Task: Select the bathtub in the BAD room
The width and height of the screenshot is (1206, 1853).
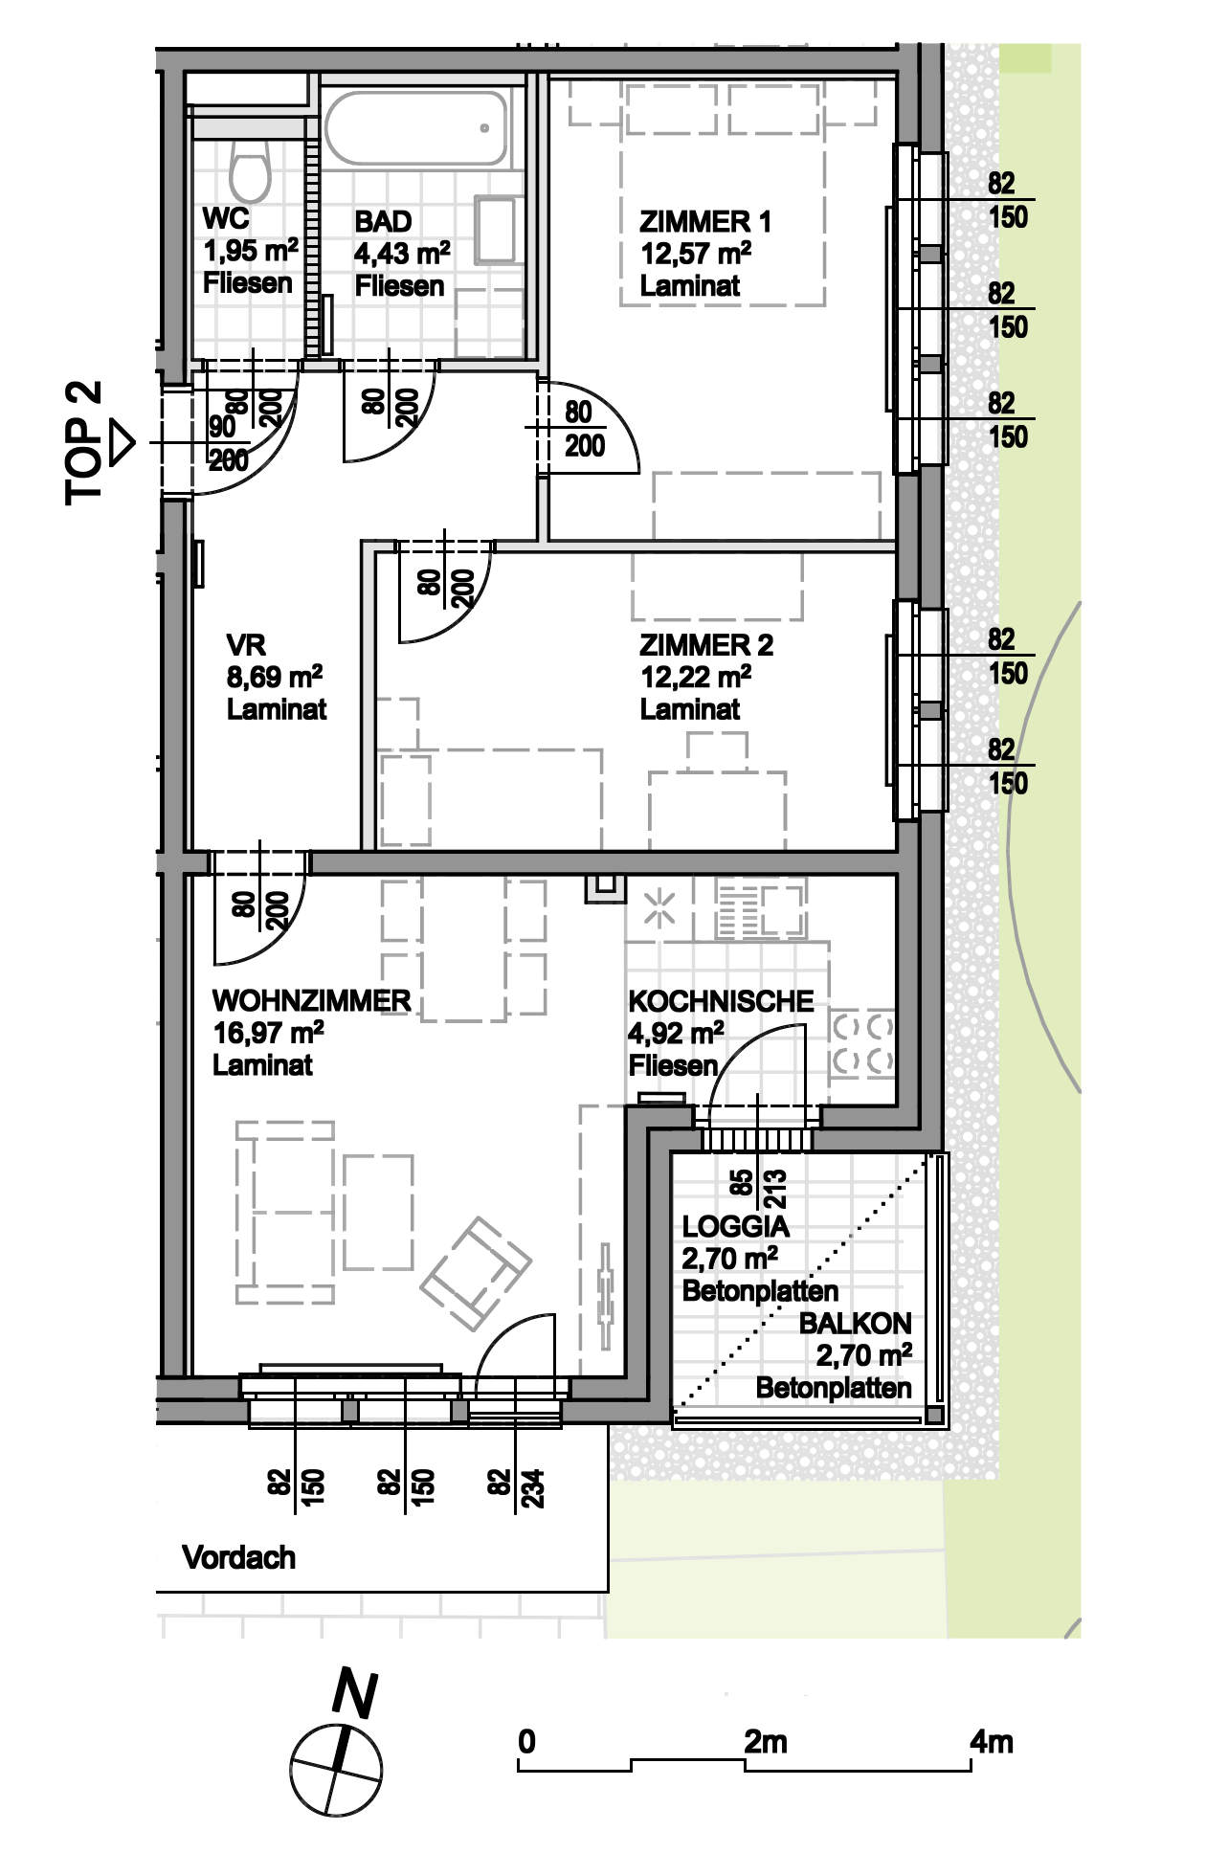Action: pos(417,128)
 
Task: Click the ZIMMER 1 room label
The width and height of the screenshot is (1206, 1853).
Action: pos(705,222)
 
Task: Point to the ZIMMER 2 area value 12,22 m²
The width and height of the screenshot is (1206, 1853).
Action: pos(696,678)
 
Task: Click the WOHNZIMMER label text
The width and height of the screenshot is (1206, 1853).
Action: pos(311,1001)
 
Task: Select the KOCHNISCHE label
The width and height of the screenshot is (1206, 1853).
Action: pos(721,1002)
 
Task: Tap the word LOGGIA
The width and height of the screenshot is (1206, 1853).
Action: pos(735,1226)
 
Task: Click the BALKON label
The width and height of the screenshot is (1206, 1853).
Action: pos(856,1324)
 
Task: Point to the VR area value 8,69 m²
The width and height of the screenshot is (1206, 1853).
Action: pos(274,677)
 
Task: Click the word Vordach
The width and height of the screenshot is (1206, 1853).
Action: pos(238,1558)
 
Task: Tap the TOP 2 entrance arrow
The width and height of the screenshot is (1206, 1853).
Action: pos(123,444)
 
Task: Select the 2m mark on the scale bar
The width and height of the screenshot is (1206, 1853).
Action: pos(766,1741)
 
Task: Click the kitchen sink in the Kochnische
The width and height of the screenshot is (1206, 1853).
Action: pos(760,910)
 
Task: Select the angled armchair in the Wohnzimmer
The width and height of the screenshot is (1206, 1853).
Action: pos(476,1274)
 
